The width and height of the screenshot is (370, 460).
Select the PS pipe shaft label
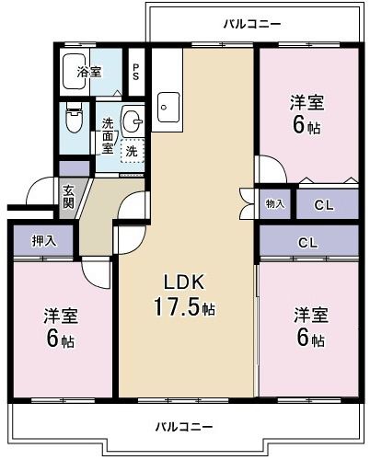(136, 71)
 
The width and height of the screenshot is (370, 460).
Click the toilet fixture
(75, 120)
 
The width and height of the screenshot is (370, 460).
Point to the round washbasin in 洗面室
(133, 119)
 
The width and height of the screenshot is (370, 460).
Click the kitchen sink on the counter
(168, 106)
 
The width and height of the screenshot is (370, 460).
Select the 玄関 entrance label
(69, 197)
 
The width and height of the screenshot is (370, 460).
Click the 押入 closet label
(43, 242)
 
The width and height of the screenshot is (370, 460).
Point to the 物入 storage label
(275, 203)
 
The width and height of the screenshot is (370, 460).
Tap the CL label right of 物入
(323, 204)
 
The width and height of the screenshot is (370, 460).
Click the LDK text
(183, 282)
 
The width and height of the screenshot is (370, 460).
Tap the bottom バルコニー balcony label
(183, 428)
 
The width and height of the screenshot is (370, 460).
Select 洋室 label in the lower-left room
(61, 316)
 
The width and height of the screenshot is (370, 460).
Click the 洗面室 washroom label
(108, 135)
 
